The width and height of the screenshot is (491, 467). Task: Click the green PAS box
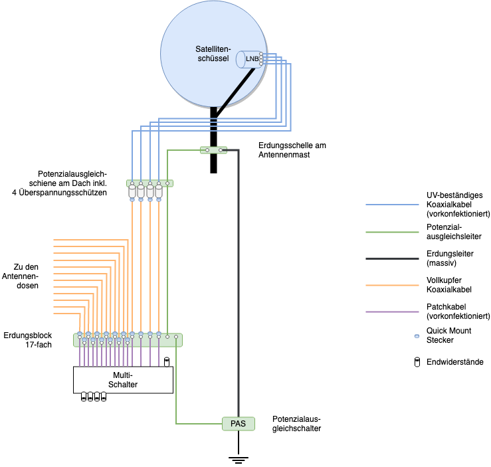[238, 423]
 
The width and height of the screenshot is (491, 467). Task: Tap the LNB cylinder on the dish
[250, 59]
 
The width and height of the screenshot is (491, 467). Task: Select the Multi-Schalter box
[123, 379]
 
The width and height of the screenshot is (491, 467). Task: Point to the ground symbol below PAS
[238, 458]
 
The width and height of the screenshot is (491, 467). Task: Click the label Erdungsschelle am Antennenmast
[292, 150]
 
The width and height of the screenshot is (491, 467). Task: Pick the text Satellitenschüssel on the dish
[213, 54]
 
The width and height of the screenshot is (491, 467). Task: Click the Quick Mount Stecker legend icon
[417, 336]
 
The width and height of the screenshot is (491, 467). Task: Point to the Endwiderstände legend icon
[417, 362]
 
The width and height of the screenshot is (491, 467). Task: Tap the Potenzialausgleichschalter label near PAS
[296, 424]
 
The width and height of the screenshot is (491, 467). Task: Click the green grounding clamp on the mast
[214, 150]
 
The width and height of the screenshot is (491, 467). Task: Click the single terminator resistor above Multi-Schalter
[167, 361]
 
